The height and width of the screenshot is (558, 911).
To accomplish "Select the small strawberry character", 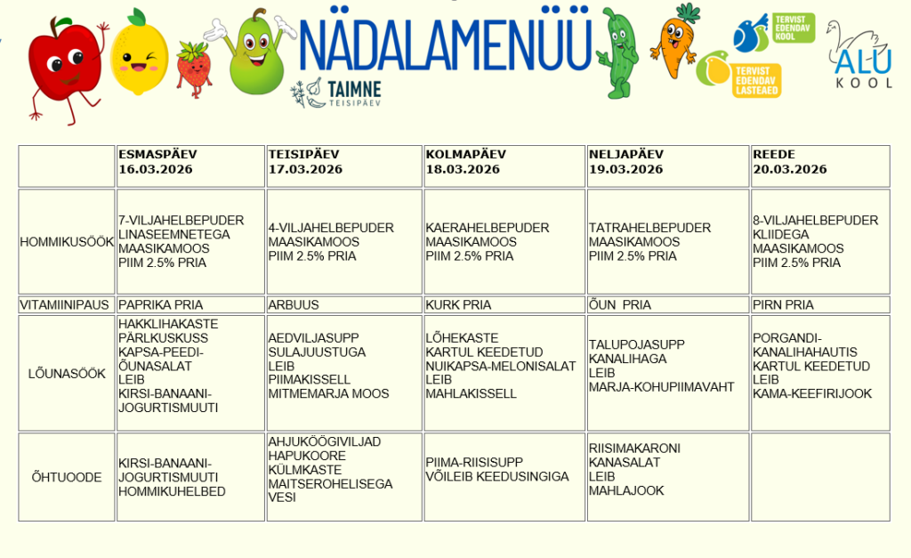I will click(193, 68).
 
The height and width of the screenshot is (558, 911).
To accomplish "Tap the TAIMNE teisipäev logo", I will click(336, 92).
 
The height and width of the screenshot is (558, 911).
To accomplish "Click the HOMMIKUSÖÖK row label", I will click(67, 241).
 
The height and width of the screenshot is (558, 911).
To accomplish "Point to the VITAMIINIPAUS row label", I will click(67, 304).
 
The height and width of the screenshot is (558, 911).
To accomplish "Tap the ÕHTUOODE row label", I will click(67, 477).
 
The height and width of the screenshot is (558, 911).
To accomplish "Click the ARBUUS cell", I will click(294, 304).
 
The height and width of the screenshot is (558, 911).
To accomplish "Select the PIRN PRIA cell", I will click(783, 304).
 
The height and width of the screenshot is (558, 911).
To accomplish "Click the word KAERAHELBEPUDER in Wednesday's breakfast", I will click(487, 228).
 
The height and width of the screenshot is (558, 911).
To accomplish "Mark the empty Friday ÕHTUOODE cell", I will click(819, 477).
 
